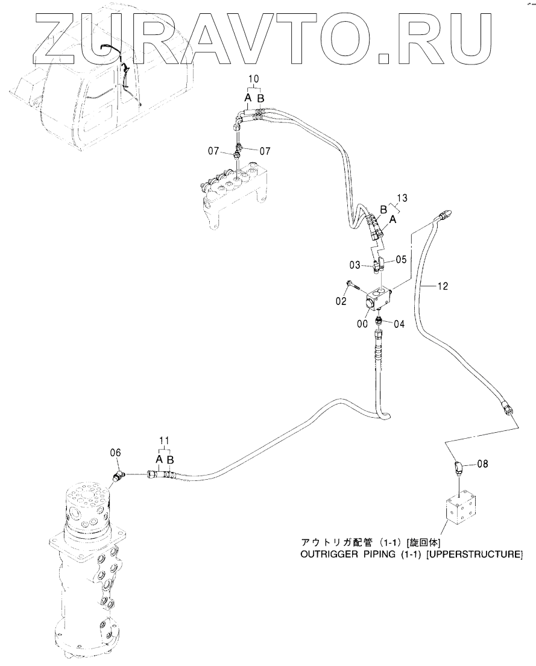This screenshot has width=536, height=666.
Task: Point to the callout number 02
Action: click(342, 301)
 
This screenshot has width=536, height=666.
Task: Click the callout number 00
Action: click(363, 323)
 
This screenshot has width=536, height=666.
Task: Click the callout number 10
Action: click(254, 78)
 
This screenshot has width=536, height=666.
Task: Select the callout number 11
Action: click(165, 441)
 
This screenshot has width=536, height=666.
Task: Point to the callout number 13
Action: click(403, 198)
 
